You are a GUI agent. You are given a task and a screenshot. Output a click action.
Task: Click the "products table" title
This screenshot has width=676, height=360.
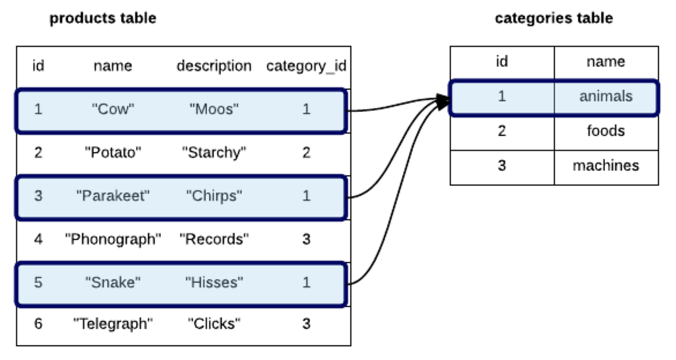coord(102,18)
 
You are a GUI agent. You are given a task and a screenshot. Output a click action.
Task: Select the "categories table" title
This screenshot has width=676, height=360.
coord(553,18)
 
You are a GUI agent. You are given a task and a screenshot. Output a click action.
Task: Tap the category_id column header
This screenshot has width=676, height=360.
coord(306,66)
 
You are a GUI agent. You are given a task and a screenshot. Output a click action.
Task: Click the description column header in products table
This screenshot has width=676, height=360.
coord(214,66)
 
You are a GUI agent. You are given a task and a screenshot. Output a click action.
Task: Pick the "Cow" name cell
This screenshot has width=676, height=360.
coord(113,109)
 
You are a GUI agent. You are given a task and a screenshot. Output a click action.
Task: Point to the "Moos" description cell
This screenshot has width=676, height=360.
coord(214,109)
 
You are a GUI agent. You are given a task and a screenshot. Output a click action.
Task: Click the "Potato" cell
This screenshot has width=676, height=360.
coord(113,153)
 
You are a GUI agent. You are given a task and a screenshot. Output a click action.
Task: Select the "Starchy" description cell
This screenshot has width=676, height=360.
coord(214,153)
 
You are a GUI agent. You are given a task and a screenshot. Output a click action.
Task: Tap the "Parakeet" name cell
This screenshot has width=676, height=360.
coord(113,196)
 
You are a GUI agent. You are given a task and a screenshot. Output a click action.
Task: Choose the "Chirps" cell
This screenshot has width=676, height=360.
coord(214,196)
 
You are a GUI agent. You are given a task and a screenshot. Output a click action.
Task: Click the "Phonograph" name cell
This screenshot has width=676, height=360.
coord(113,239)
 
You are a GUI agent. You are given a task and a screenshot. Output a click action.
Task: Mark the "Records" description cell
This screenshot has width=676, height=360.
coord(214,239)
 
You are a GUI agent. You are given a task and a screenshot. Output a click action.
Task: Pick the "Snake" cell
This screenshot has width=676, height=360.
coord(113,282)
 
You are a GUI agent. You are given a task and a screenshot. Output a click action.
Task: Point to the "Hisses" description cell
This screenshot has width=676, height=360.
coord(214,282)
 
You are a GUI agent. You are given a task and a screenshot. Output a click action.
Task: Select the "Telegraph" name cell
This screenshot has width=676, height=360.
coord(113,323)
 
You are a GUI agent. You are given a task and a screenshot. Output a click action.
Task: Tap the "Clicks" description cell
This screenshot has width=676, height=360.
coord(214,323)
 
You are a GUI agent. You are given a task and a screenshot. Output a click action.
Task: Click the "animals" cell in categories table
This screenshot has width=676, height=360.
coord(605,97)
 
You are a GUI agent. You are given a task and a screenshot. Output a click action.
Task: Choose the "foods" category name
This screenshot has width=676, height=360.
coord(605,130)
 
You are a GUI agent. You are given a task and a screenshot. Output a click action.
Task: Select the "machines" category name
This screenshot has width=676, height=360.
coord(605,166)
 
